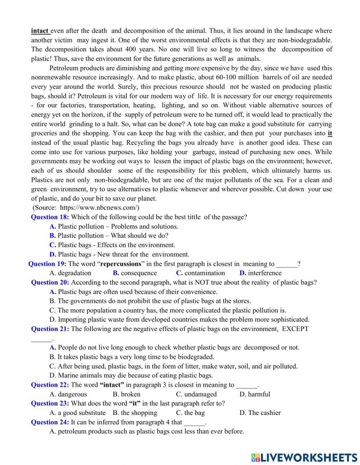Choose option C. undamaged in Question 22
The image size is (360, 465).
pos(196,394)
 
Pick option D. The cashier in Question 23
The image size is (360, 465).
pos(260,413)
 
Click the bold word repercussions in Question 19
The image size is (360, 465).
pos(121,264)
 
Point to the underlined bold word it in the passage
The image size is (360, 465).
pos(330,133)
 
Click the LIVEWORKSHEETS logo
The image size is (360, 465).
pos(304,457)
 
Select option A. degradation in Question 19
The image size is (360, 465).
pos(70,273)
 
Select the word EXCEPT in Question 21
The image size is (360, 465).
pos(295,328)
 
